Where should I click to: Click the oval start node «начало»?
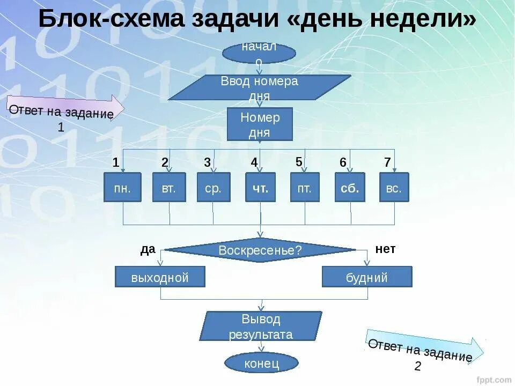coord(259,53)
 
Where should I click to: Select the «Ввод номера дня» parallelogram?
coord(260,87)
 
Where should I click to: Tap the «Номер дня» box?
coord(260,124)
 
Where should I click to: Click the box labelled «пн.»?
coord(122,187)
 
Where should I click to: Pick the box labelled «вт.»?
coord(169,187)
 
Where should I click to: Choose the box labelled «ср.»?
coord(214,187)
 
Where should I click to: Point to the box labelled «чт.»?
coord(261,187)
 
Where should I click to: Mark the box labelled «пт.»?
coord(305,187)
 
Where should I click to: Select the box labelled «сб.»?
coord(350,187)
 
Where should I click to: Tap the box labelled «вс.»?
coord(394,187)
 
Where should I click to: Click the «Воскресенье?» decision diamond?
coord(260,250)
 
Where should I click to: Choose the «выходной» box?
coord(160,277)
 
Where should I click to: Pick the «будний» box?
coord(367,277)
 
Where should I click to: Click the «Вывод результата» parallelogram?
coord(261,326)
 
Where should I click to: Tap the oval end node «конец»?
coord(261,363)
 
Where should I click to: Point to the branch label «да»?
coord(148,249)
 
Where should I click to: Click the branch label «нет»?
coord(385,249)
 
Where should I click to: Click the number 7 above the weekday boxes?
coord(387,162)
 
